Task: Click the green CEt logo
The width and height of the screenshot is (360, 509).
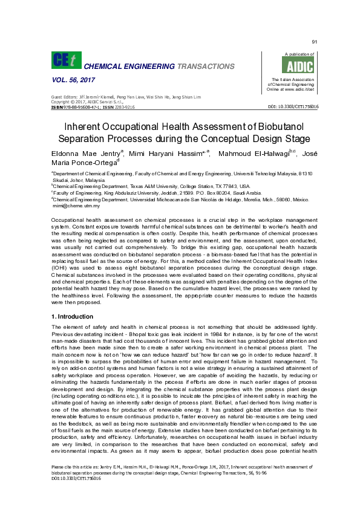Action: [x=65, y=60]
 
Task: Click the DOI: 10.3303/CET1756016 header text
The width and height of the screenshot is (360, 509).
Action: [x=293, y=107]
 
